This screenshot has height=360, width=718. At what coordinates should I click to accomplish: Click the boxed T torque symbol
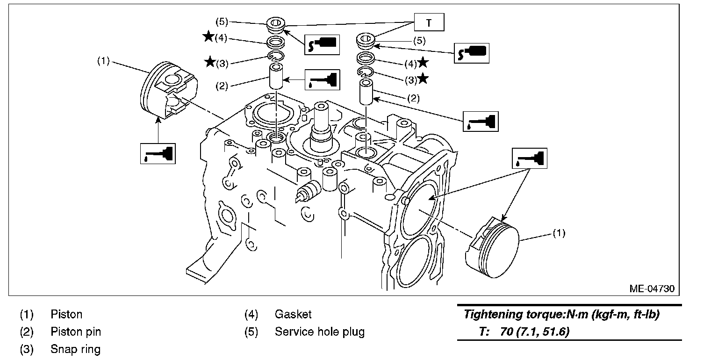[x=429, y=22]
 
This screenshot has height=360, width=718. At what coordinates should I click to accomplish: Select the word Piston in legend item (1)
[x=66, y=315]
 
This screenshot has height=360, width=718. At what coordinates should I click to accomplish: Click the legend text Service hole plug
[x=319, y=332]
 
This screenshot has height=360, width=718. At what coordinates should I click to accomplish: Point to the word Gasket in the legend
[x=293, y=315]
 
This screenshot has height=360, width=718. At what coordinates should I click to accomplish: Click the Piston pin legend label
[x=76, y=332]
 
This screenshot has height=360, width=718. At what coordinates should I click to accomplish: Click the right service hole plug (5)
[x=366, y=41]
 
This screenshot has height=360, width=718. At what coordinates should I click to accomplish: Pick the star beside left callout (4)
[x=208, y=37]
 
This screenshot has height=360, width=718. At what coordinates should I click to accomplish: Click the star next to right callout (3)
[x=423, y=79]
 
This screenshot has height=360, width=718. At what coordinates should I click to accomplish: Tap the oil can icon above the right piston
[x=530, y=158]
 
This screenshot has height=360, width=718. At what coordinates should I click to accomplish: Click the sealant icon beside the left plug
[x=321, y=44]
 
